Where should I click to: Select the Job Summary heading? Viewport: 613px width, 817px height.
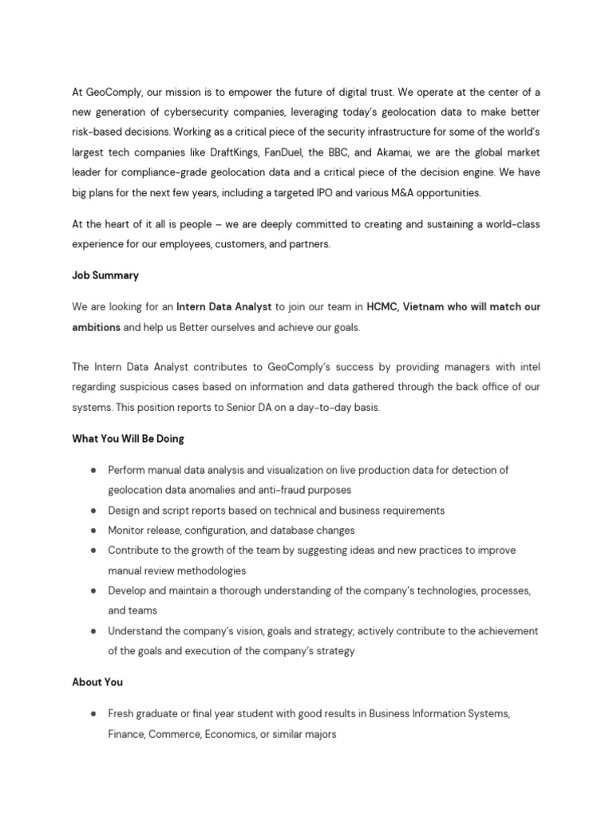105,275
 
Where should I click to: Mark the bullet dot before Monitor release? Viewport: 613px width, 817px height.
93,531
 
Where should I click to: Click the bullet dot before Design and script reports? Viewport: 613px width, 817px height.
93,511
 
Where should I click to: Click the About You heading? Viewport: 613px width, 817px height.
97,682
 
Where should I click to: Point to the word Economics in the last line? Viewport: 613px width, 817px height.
231,734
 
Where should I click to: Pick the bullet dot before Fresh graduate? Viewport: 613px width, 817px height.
93,713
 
